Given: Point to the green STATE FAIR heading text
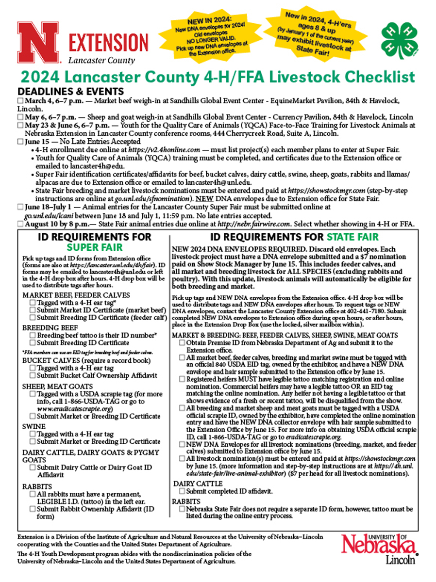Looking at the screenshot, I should tap(352, 237).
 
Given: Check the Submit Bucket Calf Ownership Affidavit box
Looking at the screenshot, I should tap(33, 375).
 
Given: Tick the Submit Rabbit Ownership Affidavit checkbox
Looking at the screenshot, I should tap(33, 509).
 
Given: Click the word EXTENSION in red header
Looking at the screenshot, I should tap(108, 43).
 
